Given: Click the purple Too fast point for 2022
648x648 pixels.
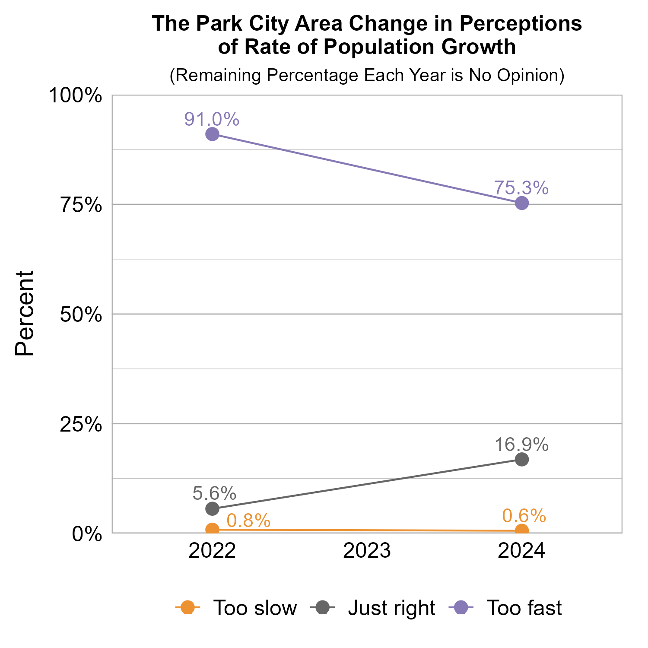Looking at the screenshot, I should pyautogui.click(x=212, y=134).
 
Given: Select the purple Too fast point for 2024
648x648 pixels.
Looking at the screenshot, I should pyautogui.click(x=522, y=203).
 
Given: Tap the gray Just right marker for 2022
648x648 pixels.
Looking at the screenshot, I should pyautogui.click(x=212, y=508).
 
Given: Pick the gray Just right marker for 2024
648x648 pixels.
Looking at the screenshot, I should pyautogui.click(x=522, y=459).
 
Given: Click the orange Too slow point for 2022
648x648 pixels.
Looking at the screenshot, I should pyautogui.click(x=212, y=529).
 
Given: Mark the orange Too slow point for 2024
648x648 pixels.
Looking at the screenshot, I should pyautogui.click(x=522, y=530).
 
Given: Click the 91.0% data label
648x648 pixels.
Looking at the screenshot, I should pyautogui.click(x=212, y=119).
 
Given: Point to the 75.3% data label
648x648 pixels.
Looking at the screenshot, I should pyautogui.click(x=521, y=188).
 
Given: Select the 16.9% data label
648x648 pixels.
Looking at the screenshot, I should pyautogui.click(x=521, y=445).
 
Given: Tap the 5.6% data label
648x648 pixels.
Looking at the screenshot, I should pyautogui.click(x=214, y=493).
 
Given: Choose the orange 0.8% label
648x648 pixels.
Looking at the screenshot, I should pyautogui.click(x=248, y=521).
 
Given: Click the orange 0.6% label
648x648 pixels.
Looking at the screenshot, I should pyautogui.click(x=524, y=516).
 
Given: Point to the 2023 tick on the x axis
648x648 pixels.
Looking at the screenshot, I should pyautogui.click(x=367, y=552).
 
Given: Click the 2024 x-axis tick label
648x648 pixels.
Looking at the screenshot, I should pyautogui.click(x=521, y=552).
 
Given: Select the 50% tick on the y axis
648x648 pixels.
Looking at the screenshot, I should pyautogui.click(x=81, y=314).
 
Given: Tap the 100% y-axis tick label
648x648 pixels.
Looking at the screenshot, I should pyautogui.click(x=76, y=95).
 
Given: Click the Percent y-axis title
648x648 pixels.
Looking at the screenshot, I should pyautogui.click(x=25, y=314).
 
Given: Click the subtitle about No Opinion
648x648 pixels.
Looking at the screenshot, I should pyautogui.click(x=367, y=75).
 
